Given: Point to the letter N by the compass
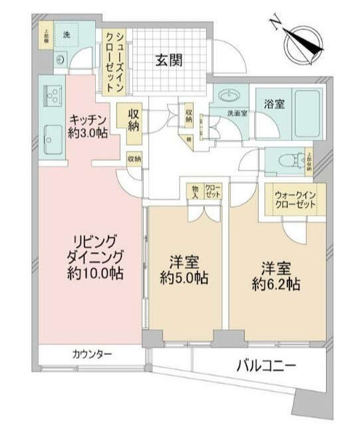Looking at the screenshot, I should [x=274, y=24].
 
